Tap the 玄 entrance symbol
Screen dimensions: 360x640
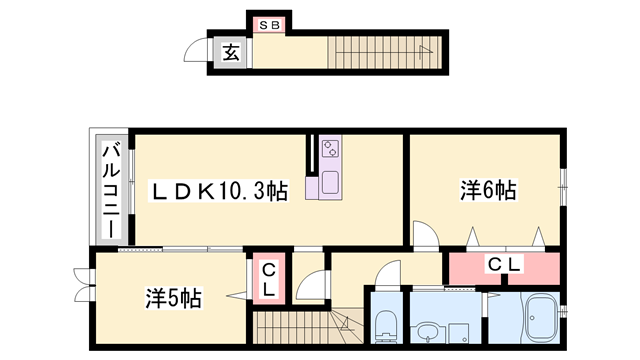coord(230,53)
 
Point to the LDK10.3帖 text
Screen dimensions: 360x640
coord(219,190)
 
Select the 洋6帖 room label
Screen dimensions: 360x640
coord(488,189)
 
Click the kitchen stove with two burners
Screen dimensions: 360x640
coord(331,150)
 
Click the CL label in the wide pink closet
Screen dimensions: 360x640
coord(502,265)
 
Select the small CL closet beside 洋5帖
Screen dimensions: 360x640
coord(268,277)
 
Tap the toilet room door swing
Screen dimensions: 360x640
coord(386,274)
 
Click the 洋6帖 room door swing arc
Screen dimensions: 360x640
coord(424,235)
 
